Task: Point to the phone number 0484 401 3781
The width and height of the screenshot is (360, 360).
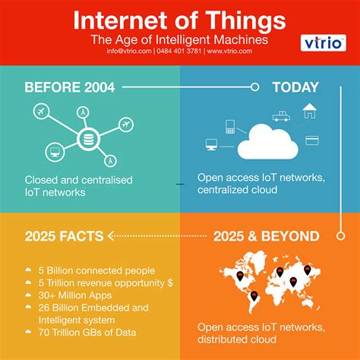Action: [179, 52]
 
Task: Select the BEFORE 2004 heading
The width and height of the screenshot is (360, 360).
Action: [69, 87]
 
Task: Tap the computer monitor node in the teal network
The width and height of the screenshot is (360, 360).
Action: [55, 151]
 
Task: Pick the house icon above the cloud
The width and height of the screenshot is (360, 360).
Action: [309, 111]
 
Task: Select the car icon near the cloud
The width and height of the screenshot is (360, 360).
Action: [281, 116]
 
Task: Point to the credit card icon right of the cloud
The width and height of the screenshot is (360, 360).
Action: [311, 139]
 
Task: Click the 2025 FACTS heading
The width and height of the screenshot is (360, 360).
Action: [63, 235]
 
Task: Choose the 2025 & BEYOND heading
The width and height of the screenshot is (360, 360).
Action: [267, 235]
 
